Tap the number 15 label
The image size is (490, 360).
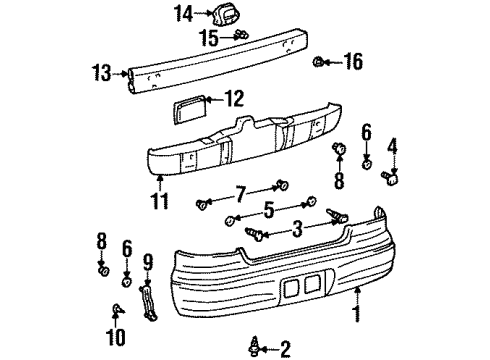tap(208, 38)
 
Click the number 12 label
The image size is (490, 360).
tap(233, 98)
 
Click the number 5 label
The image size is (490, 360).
tap(268, 211)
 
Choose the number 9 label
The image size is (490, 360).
tap(148, 264)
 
